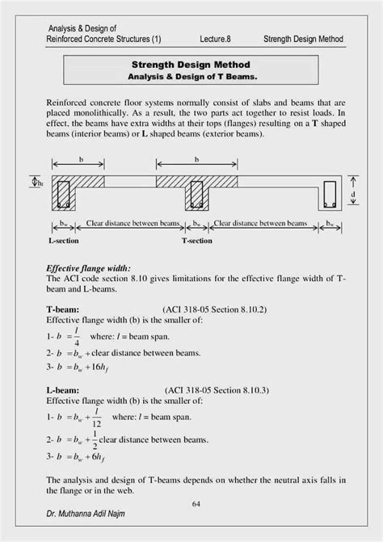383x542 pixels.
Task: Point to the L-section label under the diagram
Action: [63, 241]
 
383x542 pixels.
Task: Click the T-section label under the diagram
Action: [196, 241]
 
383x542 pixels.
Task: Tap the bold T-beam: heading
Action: [64, 309]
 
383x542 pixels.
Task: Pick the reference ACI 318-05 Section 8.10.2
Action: [214, 309]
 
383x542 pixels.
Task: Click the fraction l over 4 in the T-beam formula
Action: [75, 335]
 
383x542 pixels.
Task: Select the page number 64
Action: [196, 504]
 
